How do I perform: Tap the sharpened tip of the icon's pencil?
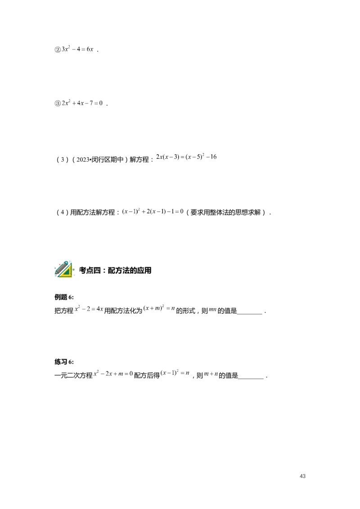tap(56, 273)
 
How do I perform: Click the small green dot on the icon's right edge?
tap(74, 268)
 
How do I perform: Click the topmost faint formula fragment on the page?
tap(77, 49)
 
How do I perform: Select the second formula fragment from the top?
tap(83, 103)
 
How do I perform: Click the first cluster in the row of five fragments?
tap(162, 157)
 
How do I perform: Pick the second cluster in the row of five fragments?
tap(176, 157)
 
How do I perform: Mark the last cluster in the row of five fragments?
tap(215, 156)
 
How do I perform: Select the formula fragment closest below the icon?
tap(90, 308)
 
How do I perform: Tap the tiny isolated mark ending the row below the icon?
tap(214, 309)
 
